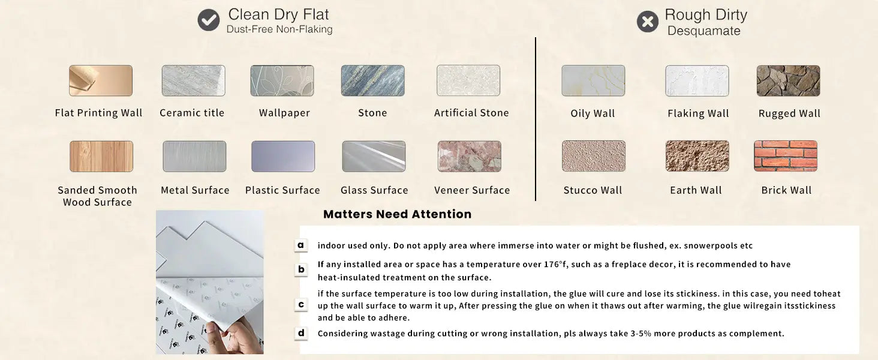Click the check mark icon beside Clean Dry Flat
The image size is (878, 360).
[x=209, y=20]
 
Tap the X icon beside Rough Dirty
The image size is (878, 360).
[x=648, y=21]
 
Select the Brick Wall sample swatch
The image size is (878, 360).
[x=786, y=156]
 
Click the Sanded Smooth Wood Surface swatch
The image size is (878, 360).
[x=101, y=157]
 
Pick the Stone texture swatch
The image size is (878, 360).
[x=372, y=81]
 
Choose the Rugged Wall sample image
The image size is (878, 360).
[x=788, y=81]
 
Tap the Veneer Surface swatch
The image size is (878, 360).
[x=469, y=157]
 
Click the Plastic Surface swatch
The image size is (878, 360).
[x=283, y=157]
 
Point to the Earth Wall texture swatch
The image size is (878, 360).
[x=697, y=156]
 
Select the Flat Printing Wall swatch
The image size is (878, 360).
[x=101, y=81]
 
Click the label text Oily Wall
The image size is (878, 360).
[x=593, y=113]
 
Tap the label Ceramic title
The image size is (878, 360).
[x=192, y=113]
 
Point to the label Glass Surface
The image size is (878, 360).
[x=374, y=190]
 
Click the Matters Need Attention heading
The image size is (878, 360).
[x=398, y=214]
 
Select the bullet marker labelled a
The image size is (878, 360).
[x=300, y=245]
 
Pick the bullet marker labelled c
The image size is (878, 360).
[x=300, y=305]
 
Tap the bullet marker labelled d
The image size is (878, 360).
[x=300, y=333]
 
